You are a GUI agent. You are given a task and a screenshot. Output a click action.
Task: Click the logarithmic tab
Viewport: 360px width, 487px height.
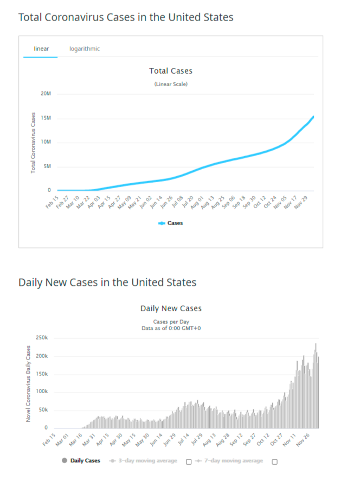85,49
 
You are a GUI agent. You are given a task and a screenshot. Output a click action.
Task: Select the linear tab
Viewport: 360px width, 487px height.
41,49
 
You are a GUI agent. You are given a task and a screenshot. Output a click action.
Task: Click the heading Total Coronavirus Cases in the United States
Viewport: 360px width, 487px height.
126,17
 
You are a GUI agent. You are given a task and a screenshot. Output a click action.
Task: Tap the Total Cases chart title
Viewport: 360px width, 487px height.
171,71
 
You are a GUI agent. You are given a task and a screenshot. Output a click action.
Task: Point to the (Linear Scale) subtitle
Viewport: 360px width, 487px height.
171,84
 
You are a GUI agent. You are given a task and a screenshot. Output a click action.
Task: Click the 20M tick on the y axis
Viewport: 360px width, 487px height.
46,94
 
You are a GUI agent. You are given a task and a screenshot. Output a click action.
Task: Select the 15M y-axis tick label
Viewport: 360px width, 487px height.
46,118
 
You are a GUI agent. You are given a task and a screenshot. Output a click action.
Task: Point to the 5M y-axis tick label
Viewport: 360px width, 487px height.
47,166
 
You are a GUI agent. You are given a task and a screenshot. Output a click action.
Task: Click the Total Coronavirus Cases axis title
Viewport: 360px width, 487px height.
33,143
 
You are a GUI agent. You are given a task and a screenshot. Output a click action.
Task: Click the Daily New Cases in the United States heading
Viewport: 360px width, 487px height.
107,283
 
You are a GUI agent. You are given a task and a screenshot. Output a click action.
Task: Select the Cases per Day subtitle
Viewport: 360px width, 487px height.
171,322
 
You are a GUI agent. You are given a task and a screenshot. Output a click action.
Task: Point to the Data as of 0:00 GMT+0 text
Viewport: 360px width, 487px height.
171,328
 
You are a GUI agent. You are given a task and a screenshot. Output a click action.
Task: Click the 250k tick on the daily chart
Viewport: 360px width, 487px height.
42,338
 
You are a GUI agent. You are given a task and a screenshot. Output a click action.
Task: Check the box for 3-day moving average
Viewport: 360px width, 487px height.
188,462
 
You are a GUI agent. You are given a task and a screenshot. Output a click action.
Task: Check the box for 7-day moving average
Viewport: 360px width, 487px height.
274,462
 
